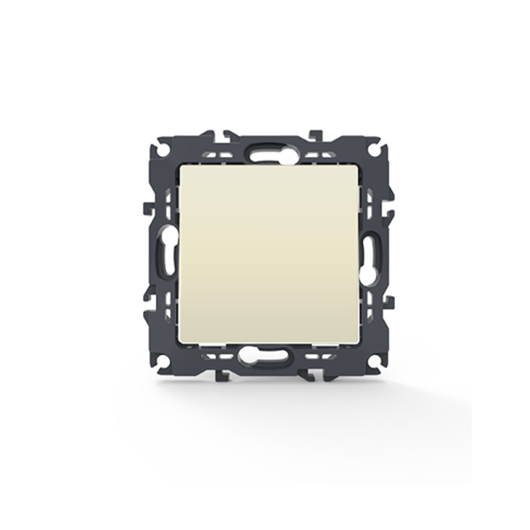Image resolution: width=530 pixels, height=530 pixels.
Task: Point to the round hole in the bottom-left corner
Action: pyautogui.click(x=163, y=360)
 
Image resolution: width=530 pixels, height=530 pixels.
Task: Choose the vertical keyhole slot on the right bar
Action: pyautogui.click(x=375, y=254)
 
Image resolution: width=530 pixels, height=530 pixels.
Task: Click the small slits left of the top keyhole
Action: pyautogui.click(x=231, y=151)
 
